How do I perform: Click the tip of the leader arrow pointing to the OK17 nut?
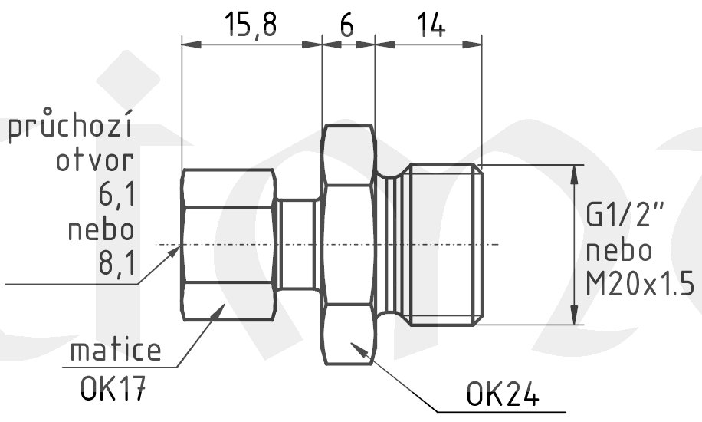pos(225,304)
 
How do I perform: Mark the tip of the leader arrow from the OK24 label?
pos(350,343)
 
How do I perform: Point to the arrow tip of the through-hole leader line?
pos(180,246)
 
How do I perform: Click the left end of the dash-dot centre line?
pos(156,245)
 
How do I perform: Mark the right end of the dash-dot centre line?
pos(500,245)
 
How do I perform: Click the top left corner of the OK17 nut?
pos(185,170)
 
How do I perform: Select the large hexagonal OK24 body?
pos(349,245)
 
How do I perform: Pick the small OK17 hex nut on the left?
pos(228,245)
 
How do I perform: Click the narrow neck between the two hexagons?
pos(299,245)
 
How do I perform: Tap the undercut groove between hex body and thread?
pos(392,245)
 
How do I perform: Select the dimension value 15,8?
pos(251,25)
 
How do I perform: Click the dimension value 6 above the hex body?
pos(347,25)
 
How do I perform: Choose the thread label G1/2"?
pos(625,214)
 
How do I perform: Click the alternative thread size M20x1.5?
pos(640,284)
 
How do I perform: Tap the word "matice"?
pos(116,350)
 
